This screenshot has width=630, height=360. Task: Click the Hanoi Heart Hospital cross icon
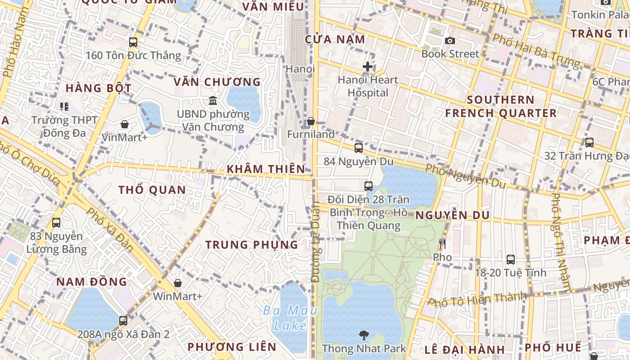point(368,67)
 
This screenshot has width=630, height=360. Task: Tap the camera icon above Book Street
point(450,41)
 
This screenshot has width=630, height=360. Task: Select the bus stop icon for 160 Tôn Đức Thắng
point(133,42)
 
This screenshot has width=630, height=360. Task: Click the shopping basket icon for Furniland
point(310,121)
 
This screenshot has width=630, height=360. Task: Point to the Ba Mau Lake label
point(290,318)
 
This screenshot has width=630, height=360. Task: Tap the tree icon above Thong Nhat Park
point(364,335)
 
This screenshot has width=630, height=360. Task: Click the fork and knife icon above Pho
point(442,244)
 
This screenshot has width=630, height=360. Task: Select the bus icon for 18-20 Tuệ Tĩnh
point(510,259)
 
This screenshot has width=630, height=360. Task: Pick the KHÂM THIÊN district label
point(266,169)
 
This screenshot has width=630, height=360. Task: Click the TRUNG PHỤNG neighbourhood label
point(252,245)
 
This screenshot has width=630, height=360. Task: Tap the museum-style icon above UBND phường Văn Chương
point(213,100)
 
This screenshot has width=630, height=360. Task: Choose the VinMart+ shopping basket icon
point(124,124)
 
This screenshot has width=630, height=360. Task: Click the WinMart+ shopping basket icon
point(178,283)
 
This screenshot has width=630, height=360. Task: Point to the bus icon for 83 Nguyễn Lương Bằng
point(56,222)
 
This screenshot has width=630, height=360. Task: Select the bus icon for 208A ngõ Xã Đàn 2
point(123,320)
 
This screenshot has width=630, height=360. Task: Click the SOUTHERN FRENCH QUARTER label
point(500,106)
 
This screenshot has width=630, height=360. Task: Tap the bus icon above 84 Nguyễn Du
point(358,148)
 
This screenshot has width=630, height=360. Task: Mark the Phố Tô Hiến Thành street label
point(477,299)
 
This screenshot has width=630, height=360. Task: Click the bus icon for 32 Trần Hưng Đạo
point(589,142)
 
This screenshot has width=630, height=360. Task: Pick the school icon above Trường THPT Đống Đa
point(64,107)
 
